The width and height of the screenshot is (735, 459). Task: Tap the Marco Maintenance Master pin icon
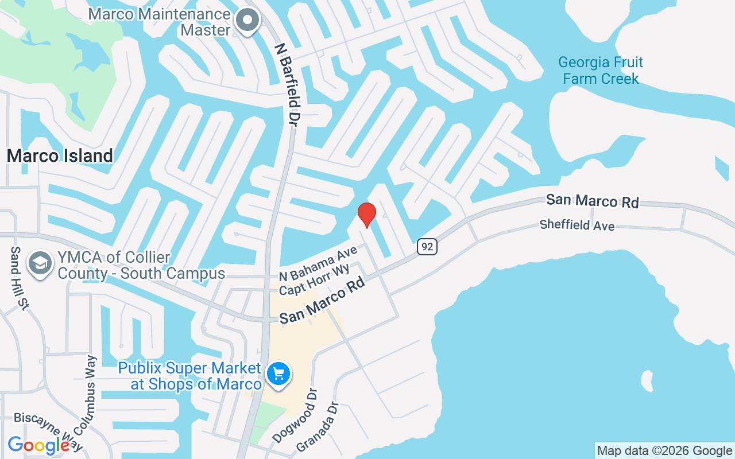[248, 21]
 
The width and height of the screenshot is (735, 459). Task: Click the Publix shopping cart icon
[278, 375]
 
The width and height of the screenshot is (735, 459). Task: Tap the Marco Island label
[60, 155]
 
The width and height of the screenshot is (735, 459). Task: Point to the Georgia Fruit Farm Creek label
[601, 70]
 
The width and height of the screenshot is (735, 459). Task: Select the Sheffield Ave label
[577, 225]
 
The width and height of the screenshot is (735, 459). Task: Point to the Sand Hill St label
[20, 279]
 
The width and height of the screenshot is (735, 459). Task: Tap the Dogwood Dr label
[295, 416]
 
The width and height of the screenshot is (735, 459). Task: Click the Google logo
[39, 445]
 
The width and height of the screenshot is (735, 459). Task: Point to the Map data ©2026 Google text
[664, 450]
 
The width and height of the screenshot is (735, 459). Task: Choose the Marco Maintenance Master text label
[160, 22]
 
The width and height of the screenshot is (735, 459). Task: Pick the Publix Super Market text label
[189, 376]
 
